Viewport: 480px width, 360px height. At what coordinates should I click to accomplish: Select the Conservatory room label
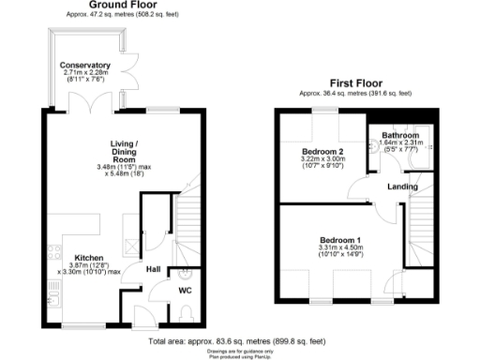tap(85, 65)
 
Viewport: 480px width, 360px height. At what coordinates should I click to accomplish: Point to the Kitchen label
tap(63, 256)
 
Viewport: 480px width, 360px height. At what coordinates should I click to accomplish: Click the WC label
tap(185, 291)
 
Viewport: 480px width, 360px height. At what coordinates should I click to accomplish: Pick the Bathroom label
tap(400, 135)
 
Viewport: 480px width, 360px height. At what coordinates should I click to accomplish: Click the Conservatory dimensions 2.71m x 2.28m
tap(85, 72)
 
